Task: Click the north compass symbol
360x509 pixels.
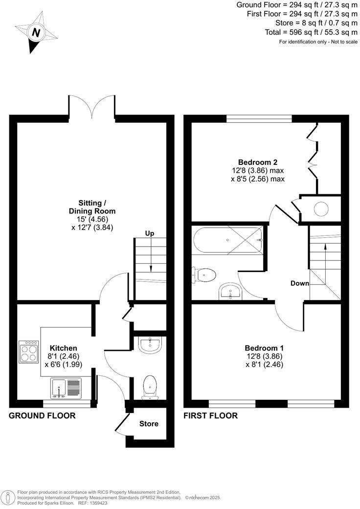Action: click(35, 33)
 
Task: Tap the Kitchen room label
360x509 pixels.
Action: click(64, 348)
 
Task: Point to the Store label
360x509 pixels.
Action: click(149, 424)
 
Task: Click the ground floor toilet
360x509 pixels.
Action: click(150, 386)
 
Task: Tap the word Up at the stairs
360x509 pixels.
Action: click(149, 233)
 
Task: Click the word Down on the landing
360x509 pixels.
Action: click(299, 283)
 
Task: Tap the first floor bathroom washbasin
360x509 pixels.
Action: click(229, 292)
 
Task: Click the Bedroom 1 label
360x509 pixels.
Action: click(264, 348)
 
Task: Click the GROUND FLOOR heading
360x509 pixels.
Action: click(43, 416)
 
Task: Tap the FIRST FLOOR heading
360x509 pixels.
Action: click(210, 416)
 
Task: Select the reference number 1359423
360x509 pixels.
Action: click(97, 503)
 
